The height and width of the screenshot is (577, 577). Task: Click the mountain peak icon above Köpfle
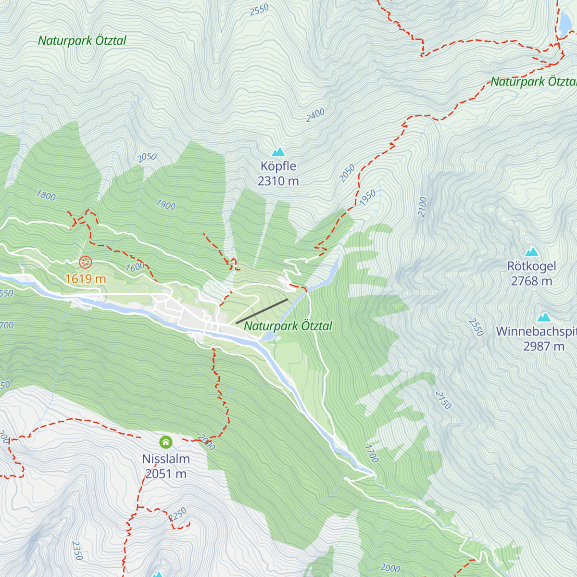click(278, 152)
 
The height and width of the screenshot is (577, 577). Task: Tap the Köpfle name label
click(278, 166)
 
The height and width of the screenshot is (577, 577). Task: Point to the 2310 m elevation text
click(278, 181)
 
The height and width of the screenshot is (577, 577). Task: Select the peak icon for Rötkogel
click(531, 252)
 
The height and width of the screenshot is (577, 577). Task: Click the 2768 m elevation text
click(531, 281)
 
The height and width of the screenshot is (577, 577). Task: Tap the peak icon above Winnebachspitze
click(544, 317)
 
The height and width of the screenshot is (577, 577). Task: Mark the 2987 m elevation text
click(544, 346)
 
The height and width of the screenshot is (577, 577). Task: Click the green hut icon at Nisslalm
click(166, 442)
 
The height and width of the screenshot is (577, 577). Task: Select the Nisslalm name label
click(166, 459)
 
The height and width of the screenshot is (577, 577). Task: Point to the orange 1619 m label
click(86, 279)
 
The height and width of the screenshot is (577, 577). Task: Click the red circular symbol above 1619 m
click(85, 263)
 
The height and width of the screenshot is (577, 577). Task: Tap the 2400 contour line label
click(315, 115)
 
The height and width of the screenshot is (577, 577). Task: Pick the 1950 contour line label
click(368, 198)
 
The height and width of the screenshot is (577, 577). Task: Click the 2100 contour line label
click(422, 207)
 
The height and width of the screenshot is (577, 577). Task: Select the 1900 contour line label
click(165, 205)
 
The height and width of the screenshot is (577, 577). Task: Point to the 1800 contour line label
click(46, 196)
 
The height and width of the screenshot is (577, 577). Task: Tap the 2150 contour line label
click(443, 401)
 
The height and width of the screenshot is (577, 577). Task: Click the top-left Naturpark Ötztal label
click(82, 41)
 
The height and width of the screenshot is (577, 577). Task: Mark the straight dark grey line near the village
click(262, 311)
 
